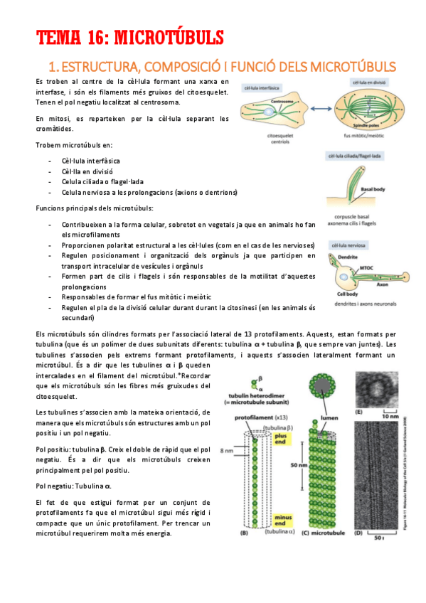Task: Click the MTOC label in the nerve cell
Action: point(367,268)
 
